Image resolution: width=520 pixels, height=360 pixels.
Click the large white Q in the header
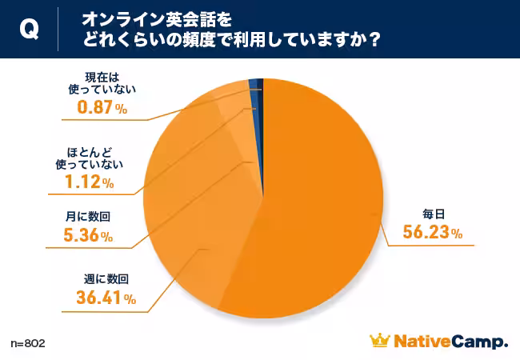28,30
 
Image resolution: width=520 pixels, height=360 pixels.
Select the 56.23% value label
432,232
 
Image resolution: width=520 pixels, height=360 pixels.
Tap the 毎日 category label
433,214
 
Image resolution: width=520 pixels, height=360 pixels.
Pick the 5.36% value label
87,236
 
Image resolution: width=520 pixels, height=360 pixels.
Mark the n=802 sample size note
28,343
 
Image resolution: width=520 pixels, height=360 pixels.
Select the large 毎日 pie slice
320,200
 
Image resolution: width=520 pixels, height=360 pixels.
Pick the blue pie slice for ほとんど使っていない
254,83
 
